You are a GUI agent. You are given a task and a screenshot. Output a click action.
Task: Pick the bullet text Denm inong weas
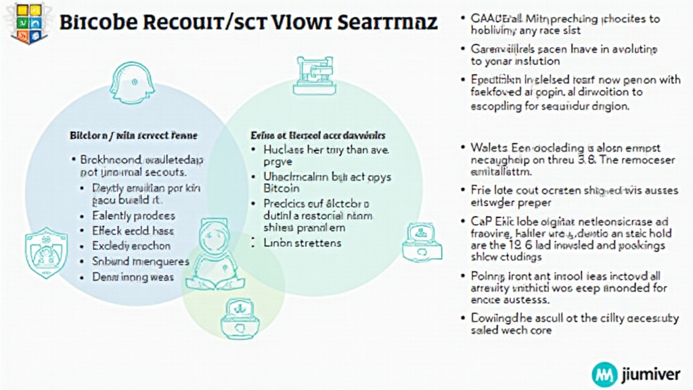(133, 276)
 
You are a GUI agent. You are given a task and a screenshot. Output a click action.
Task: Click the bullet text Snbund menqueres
(141, 261)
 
